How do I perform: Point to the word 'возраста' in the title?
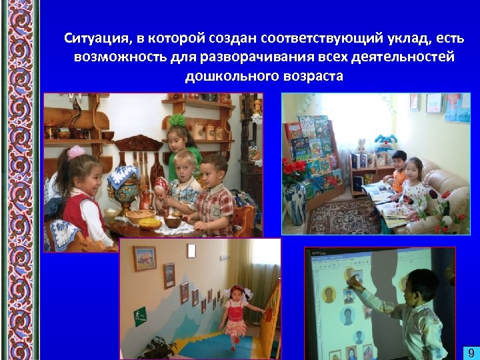312,75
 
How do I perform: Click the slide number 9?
469,352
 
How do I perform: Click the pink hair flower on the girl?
76,152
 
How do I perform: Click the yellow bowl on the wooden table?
143,217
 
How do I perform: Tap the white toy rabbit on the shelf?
361,146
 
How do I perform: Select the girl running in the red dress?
235,314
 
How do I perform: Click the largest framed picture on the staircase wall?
144,259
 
